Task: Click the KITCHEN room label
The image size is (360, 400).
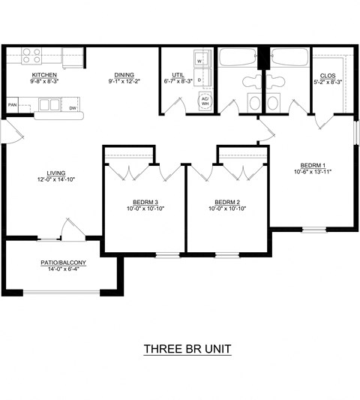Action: click(44, 76)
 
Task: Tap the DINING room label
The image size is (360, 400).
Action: click(124, 76)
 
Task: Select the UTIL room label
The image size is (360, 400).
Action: click(178, 76)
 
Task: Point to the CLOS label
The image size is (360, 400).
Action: click(328, 76)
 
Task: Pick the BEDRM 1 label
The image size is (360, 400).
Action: click(312, 165)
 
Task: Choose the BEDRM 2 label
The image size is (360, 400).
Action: click(227, 202)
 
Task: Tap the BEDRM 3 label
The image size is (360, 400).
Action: click(145, 202)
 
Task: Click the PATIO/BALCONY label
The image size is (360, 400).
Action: click(64, 263)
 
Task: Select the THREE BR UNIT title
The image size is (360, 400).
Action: click(187, 349)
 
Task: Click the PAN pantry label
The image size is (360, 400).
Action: click(13, 105)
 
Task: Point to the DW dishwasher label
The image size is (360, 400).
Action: click(73, 109)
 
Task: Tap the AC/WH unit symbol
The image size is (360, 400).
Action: click(204, 101)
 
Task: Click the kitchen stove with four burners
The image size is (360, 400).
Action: click(31, 56)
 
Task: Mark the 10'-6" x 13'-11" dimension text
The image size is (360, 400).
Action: click(312, 172)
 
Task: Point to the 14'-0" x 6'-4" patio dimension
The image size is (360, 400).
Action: click(64, 269)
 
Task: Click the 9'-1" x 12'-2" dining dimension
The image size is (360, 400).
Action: click(124, 82)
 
